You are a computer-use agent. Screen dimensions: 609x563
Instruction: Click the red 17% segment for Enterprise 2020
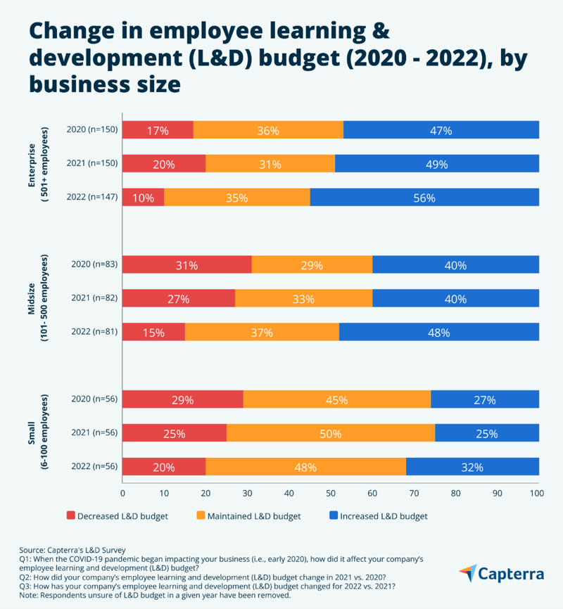coord(158,130)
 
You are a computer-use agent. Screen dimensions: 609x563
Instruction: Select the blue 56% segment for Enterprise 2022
coord(424,198)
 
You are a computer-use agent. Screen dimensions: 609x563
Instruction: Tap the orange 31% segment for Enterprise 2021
coord(270,164)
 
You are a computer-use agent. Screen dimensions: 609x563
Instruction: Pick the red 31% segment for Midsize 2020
coord(186,265)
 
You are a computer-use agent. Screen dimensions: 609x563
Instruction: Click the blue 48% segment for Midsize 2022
coord(438,333)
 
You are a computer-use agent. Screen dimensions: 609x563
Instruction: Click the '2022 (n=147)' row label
coord(91,198)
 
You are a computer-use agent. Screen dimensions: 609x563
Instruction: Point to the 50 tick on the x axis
coord(331,494)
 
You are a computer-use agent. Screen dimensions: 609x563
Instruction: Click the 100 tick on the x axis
coord(538,494)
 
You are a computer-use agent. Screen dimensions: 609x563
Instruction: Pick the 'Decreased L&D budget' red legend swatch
coord(70,516)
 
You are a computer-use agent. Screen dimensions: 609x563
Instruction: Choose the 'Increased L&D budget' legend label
coord(384,516)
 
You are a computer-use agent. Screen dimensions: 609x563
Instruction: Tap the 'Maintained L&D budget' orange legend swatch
coord(201,516)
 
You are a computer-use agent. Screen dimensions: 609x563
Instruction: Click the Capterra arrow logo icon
coord(468,572)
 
